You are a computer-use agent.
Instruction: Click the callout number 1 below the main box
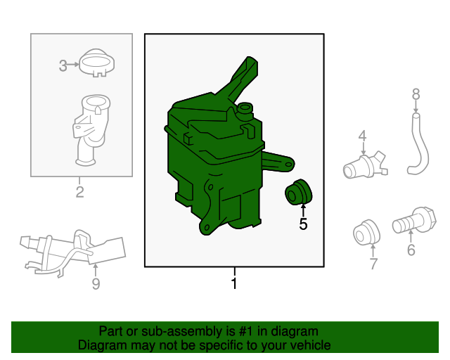pyautogui.click(x=234, y=283)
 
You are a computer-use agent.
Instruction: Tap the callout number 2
pyautogui.click(x=79, y=192)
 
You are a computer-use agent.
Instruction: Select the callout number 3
pyautogui.click(x=63, y=65)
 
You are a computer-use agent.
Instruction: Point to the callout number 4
pyautogui.click(x=363, y=136)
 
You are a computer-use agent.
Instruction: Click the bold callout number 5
pyautogui.click(x=303, y=224)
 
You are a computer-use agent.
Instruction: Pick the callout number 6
pyautogui.click(x=411, y=250)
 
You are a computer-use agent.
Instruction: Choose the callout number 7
pyautogui.click(x=373, y=264)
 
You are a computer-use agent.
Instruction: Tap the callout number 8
pyautogui.click(x=416, y=94)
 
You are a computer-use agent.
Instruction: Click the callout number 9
pyautogui.click(x=96, y=283)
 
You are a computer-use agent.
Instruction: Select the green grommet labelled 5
pyautogui.click(x=298, y=192)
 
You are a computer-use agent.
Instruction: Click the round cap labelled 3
pyautogui.click(x=97, y=63)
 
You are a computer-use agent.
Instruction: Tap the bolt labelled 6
pyautogui.click(x=414, y=220)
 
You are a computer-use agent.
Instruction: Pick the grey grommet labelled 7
pyautogui.click(x=366, y=233)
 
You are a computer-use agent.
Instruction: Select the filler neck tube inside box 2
pyautogui.click(x=91, y=131)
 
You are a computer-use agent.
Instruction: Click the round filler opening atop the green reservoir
pyautogui.click(x=245, y=108)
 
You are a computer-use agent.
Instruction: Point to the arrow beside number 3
pyautogui.click(x=73, y=65)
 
